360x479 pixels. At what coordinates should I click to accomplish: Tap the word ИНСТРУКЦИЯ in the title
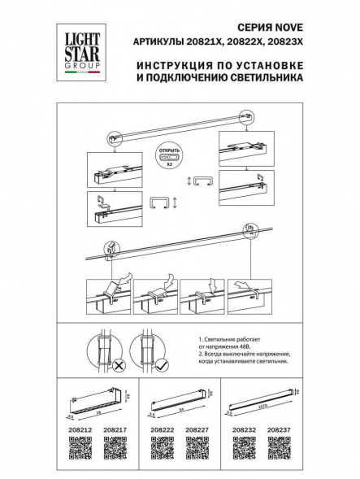coord(166,63)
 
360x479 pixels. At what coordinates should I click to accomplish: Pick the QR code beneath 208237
coord(280,446)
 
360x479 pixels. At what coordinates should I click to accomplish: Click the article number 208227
coord(198,427)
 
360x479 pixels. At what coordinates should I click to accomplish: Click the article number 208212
coord(76,427)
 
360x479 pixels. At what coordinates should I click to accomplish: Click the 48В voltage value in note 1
coord(254,347)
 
